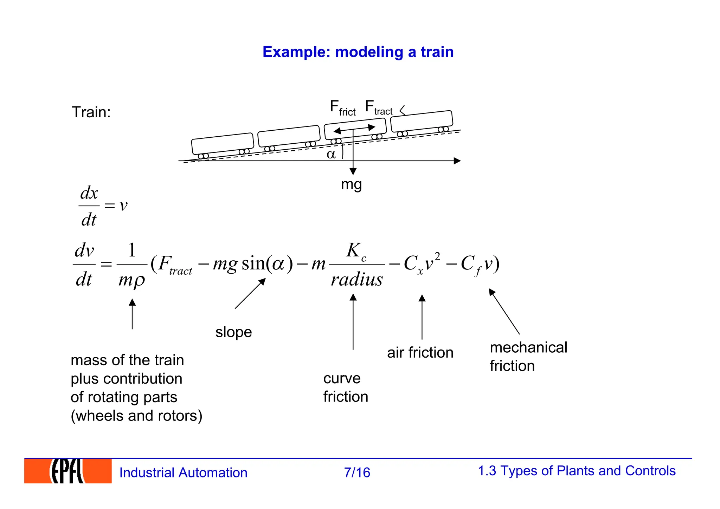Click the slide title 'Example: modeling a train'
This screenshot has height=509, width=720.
(x=358, y=52)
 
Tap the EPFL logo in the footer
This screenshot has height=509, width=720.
(x=67, y=471)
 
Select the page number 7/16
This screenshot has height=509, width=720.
(x=357, y=472)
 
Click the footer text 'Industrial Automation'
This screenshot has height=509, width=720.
(x=183, y=472)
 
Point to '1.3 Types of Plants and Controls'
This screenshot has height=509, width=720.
(x=576, y=471)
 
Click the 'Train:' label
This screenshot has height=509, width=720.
(x=91, y=112)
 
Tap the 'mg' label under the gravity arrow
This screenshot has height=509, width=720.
(x=351, y=184)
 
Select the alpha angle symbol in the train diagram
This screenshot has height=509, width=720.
(x=331, y=154)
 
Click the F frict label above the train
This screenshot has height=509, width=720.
(x=342, y=108)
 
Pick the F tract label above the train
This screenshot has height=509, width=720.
(x=379, y=107)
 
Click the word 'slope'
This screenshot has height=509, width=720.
(x=233, y=332)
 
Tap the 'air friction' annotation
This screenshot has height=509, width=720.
(x=420, y=352)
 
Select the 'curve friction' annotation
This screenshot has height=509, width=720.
(x=346, y=387)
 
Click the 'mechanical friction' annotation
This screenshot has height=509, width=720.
(x=528, y=357)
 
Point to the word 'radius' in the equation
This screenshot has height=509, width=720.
(x=356, y=280)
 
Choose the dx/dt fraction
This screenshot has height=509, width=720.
(x=89, y=206)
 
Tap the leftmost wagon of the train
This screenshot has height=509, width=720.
(x=222, y=144)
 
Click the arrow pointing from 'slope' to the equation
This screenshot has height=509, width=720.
(x=250, y=294)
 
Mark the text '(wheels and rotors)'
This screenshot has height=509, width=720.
(x=136, y=416)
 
